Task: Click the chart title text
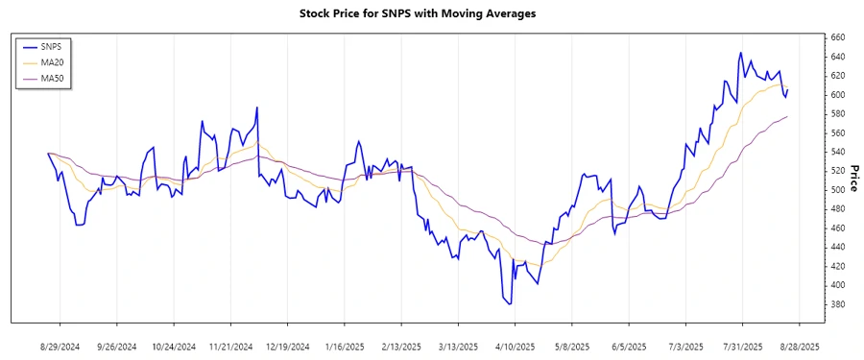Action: click(x=432, y=13)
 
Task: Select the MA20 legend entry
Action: click(x=60, y=62)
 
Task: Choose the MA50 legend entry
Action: click(x=60, y=78)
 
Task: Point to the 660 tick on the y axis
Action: click(x=837, y=37)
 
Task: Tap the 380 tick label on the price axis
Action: click(x=837, y=305)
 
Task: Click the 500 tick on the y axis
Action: click(x=837, y=190)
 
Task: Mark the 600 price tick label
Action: click(x=837, y=95)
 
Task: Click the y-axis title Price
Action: click(x=854, y=179)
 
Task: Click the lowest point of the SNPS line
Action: click(x=510, y=304)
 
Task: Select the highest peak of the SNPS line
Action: click(x=740, y=53)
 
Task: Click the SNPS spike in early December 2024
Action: click(x=257, y=108)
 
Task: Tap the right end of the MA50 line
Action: click(x=787, y=116)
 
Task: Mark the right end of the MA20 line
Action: click(x=787, y=87)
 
